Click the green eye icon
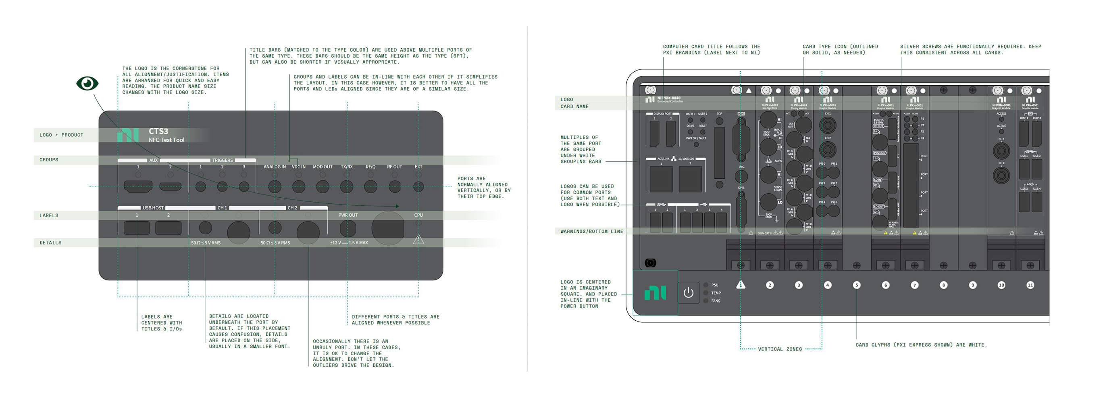pyautogui.click(x=87, y=83)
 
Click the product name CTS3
pyautogui.click(x=158, y=131)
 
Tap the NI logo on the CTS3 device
pyautogui.click(x=128, y=135)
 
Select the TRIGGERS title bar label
pyautogui.click(x=222, y=160)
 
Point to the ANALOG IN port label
pyautogui.click(x=274, y=167)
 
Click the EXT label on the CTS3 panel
pyautogui.click(x=418, y=167)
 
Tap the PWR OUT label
pyautogui.click(x=347, y=215)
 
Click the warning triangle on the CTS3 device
pyautogui.click(x=418, y=240)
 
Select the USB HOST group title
pyautogui.click(x=153, y=208)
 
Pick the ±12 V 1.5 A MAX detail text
pyautogui.click(x=349, y=242)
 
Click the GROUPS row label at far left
pyautogui.click(x=49, y=160)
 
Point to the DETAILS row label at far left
pyautogui.click(x=51, y=242)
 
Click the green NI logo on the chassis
pyautogui.click(x=655, y=293)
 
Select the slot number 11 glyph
pyautogui.click(x=1030, y=285)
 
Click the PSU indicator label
pyautogui.click(x=715, y=285)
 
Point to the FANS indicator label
pyautogui.click(x=716, y=301)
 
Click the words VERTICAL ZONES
pyautogui.click(x=780, y=349)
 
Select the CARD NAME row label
pyautogui.click(x=574, y=107)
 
